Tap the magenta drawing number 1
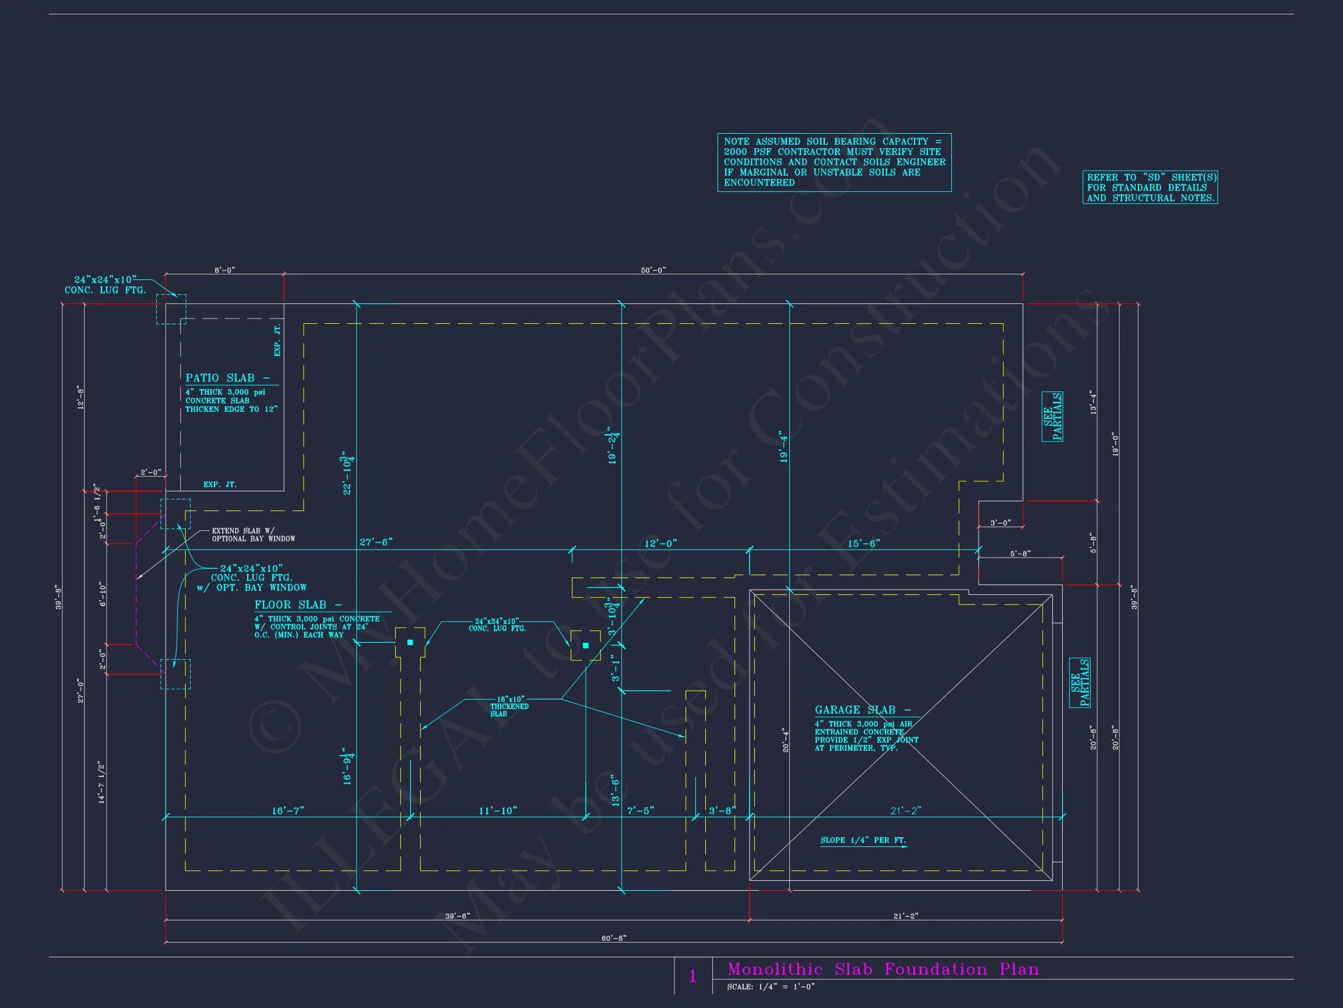692,977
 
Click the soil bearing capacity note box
834,162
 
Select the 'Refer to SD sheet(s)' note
1149,187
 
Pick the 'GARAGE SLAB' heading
862,710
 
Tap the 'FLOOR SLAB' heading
297,604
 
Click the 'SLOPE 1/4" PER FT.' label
863,841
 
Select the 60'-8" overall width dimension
614,938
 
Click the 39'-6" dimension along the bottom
457,916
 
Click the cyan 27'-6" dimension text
376,542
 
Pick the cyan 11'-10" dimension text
498,810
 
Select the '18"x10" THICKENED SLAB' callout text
509,706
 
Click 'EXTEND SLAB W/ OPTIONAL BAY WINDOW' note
253,535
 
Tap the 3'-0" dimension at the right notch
1001,523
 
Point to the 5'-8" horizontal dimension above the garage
1020,554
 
